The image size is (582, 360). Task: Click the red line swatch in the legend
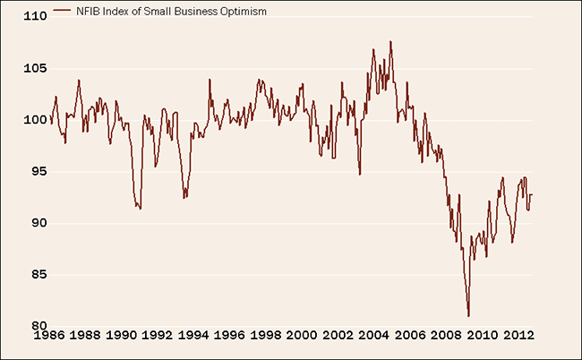tap(62, 12)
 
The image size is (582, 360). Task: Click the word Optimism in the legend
tap(244, 12)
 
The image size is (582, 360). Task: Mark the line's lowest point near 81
tap(468, 316)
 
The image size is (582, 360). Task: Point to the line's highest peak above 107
tap(390, 41)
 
